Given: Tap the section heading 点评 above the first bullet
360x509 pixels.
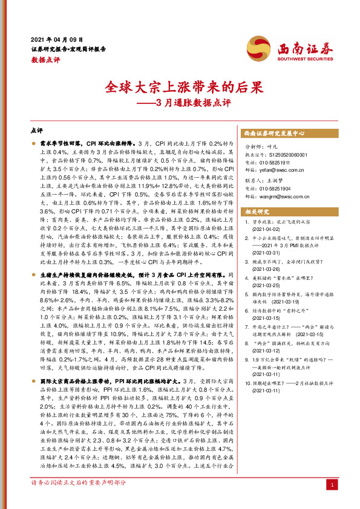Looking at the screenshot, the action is coord(36,130).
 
